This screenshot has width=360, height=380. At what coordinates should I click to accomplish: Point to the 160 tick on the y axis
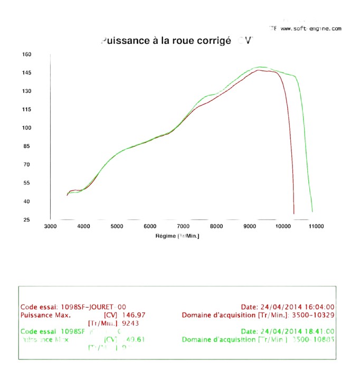27,54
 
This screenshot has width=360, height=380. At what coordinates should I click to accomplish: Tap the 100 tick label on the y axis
27,128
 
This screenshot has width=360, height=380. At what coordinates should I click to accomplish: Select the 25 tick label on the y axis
27,220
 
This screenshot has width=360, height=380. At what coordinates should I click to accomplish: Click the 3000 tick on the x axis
50,226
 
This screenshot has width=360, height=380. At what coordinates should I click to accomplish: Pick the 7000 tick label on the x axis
183,226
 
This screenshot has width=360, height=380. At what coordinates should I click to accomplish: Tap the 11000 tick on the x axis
316,226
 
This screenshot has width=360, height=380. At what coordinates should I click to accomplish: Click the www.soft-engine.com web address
311,28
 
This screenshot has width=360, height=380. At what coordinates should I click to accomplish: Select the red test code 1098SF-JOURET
87,307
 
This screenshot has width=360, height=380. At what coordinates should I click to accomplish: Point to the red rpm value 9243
130,323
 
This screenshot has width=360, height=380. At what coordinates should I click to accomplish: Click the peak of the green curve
260,67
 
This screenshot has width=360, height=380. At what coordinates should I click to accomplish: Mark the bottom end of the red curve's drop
294,213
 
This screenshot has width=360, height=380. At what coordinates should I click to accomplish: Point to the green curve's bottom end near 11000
312,212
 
